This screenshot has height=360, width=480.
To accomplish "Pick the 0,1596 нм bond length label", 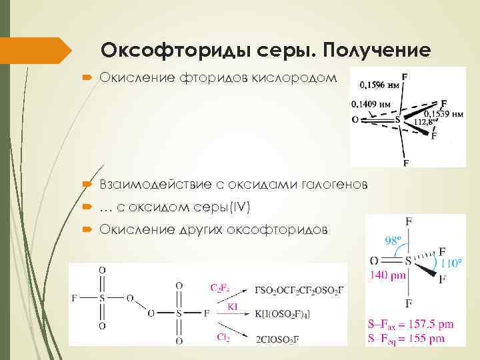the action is [379, 85].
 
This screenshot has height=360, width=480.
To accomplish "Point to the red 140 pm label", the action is [387, 273].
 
